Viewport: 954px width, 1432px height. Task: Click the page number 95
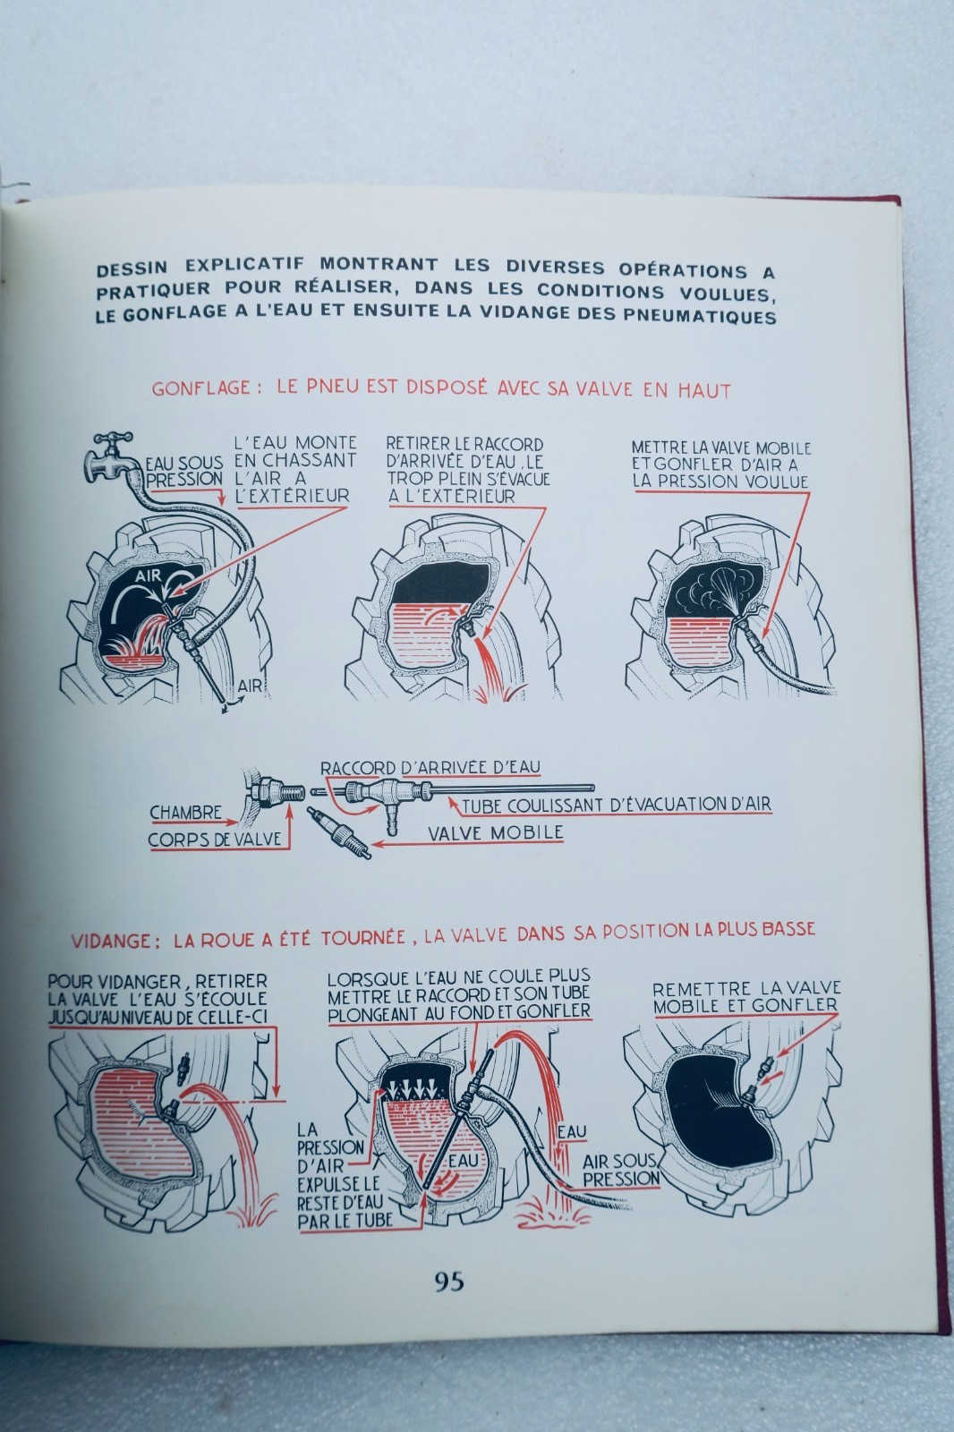[x=449, y=1281]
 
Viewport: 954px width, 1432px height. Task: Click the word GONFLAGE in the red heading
[x=200, y=388]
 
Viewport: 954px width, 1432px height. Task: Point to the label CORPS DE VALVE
[x=215, y=840]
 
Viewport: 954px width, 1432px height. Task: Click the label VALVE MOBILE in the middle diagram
[x=496, y=832]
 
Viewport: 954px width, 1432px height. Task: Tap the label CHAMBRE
[x=185, y=813]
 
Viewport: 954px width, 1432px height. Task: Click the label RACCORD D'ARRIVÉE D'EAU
[x=430, y=767]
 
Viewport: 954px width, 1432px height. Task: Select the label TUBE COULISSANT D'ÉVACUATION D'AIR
[x=617, y=805]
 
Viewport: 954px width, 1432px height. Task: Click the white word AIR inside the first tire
[x=149, y=576]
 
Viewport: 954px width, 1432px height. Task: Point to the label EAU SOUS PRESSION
[x=184, y=471]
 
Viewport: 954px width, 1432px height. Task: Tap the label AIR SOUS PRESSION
[x=620, y=1170]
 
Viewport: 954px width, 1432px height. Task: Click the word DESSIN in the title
[x=132, y=268]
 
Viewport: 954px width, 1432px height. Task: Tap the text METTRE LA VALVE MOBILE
[x=721, y=448]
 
